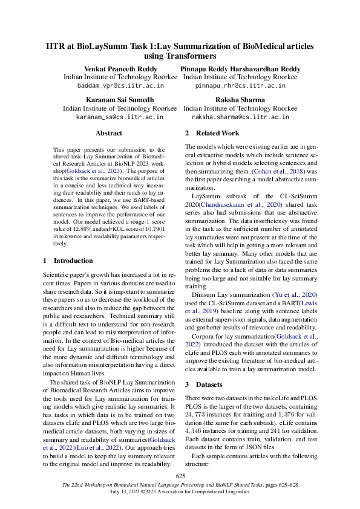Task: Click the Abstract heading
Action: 109,133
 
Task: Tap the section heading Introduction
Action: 73,261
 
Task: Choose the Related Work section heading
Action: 215,133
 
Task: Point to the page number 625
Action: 180,477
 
